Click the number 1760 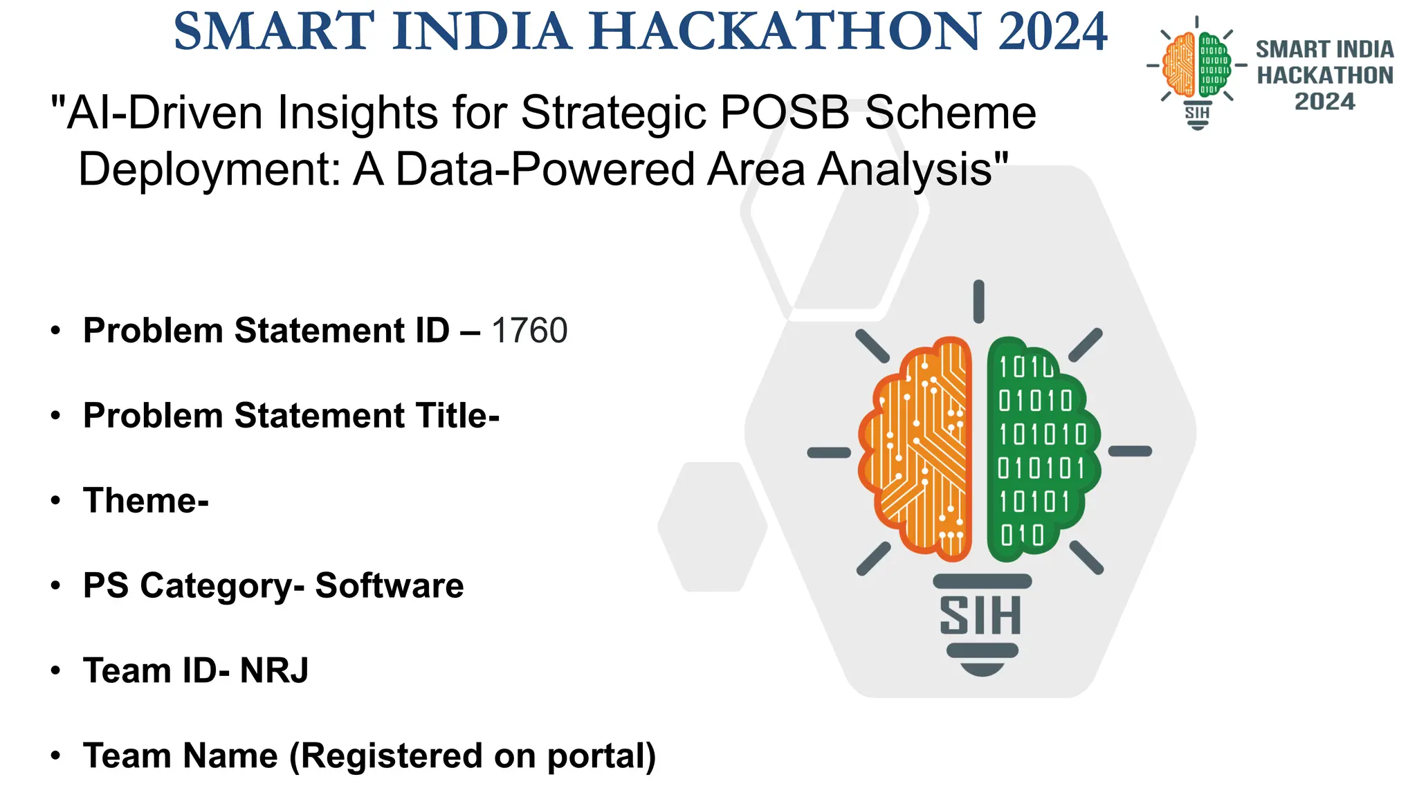coord(529,331)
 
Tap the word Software coord(390,586)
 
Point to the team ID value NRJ coord(274,670)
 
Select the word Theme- coord(146,501)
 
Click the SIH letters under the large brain coord(980,616)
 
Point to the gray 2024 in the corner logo coord(1324,102)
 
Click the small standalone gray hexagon coord(713,526)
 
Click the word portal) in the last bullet coord(601,755)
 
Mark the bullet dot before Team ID coord(55,670)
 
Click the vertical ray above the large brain coord(978,302)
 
